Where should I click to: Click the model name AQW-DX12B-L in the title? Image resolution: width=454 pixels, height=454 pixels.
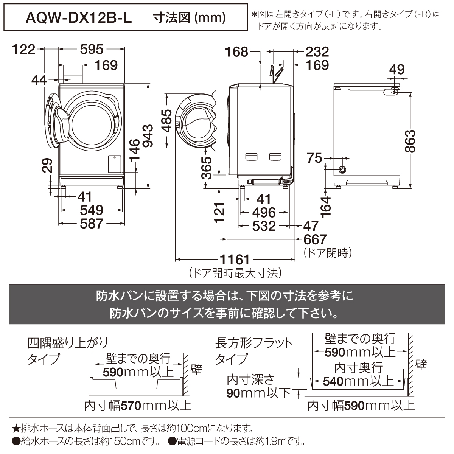pos(79,18)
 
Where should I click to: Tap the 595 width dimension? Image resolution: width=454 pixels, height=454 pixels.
pos(92,49)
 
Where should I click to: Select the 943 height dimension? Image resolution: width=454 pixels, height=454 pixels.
pos(148,136)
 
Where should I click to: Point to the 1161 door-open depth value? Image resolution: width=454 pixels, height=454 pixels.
pos(235,260)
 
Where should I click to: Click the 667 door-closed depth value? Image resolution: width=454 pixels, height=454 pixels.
pos(315,239)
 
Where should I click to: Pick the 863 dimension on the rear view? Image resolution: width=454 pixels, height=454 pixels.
pos(410,141)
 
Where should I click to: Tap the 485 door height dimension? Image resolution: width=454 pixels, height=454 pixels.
pos(167,121)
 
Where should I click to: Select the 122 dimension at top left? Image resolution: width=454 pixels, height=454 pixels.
pos(23,49)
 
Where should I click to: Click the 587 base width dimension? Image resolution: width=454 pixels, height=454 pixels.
pos(92,223)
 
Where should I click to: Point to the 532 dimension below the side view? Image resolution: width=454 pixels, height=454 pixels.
pos(264,226)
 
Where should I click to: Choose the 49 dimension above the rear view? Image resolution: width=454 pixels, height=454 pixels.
pos(397,69)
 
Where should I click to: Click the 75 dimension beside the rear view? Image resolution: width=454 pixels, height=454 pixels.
pos(314,158)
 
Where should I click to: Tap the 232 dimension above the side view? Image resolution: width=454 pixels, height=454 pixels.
pos(317,51)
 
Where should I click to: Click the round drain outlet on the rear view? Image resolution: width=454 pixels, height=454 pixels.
pos(342,169)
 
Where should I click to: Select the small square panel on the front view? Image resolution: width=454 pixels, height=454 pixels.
pos(115,164)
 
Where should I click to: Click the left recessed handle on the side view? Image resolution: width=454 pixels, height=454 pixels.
pos(251,157)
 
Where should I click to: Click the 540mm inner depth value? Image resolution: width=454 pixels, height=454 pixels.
pos(358,381)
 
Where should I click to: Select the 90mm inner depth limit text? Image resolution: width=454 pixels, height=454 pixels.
pos(258,393)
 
